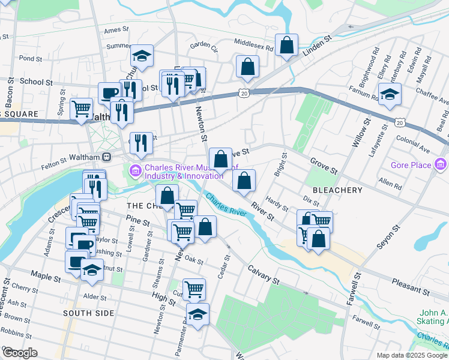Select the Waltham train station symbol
click(x=107, y=157)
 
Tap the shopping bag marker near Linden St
click(x=287, y=45)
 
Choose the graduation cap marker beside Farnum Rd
click(x=390, y=94)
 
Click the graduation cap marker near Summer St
click(x=142, y=56)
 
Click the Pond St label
click(x=29, y=59)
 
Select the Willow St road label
click(x=360, y=133)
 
